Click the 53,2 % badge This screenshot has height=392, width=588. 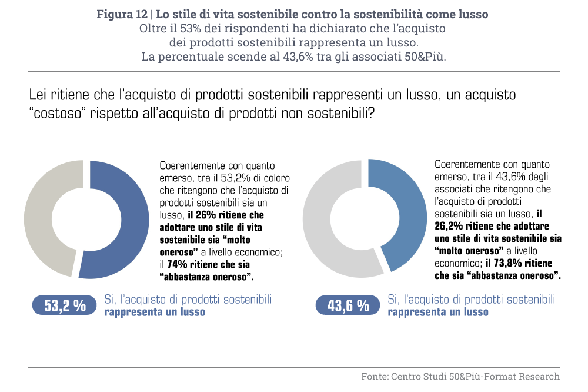pyautogui.click(x=65, y=305)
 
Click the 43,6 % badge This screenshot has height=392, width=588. pyautogui.click(x=348, y=305)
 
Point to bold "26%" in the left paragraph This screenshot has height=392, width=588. pyautogui.click(x=199, y=216)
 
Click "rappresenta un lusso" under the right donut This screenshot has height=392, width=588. pyautogui.click(x=437, y=312)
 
